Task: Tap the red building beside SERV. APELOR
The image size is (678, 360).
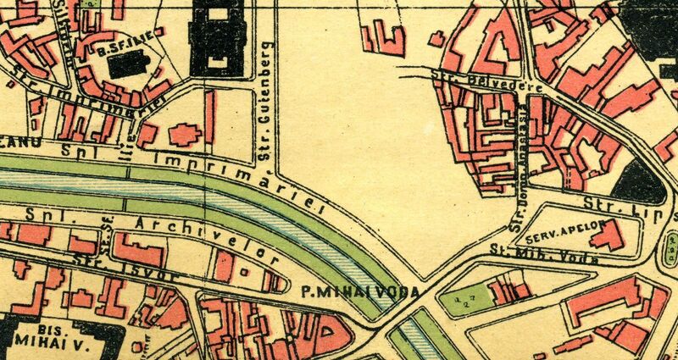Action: [x=605, y=236]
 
